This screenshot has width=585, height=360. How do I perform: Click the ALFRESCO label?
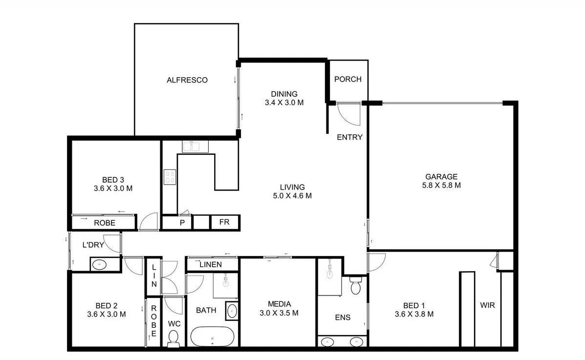187,80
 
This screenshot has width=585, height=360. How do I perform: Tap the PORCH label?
347,79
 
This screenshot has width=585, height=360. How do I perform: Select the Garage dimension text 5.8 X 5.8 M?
441,186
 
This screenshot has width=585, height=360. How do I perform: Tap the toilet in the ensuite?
355,285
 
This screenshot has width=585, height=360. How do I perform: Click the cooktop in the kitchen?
170,176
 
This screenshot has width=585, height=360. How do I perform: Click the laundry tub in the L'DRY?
100,264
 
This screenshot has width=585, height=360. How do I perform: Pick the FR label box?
224,222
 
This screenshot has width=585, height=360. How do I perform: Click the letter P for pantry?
182,223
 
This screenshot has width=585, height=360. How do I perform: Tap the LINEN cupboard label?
211,265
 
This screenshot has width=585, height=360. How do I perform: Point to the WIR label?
487,306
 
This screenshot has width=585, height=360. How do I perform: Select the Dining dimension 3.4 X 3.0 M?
284,103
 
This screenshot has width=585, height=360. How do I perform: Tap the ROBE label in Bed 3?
105,223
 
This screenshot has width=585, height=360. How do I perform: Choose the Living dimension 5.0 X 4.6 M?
292,196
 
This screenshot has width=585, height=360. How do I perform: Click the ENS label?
343,318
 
